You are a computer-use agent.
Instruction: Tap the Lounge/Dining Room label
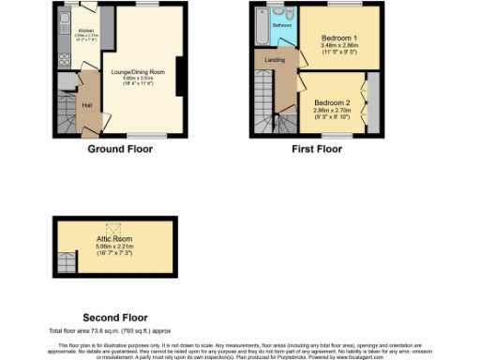(x=138, y=72)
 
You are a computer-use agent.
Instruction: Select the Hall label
(x=86, y=104)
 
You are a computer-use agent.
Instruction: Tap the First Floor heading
(x=316, y=149)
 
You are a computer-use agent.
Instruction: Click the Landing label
(x=275, y=60)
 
